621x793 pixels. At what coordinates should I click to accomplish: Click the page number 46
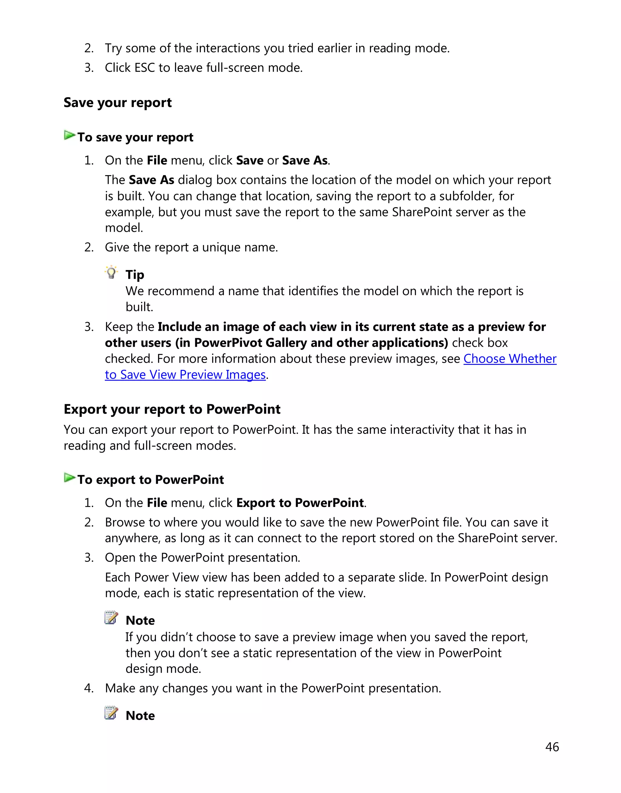pyautogui.click(x=552, y=747)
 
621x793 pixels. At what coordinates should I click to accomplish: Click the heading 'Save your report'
pyautogui.click(x=117, y=103)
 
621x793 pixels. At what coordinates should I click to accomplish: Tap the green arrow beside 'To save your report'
pyautogui.click(x=69, y=135)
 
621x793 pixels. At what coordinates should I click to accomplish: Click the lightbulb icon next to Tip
pyautogui.click(x=111, y=272)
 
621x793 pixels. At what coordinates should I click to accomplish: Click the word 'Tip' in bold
pyautogui.click(x=135, y=275)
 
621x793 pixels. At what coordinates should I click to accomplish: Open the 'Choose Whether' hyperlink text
pyautogui.click(x=510, y=359)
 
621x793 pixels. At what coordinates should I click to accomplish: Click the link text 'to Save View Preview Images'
pyautogui.click(x=185, y=375)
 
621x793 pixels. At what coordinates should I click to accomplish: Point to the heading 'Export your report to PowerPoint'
pyautogui.click(x=172, y=409)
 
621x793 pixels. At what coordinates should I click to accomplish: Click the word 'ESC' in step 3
pyautogui.click(x=145, y=68)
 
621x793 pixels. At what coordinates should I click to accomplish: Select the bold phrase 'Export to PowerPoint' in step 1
pyautogui.click(x=300, y=503)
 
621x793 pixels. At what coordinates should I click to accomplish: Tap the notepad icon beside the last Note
pyautogui.click(x=111, y=713)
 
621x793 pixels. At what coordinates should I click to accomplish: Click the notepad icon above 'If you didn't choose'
pyautogui.click(x=111, y=618)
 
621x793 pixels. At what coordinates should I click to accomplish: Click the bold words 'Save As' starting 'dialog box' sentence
pyautogui.click(x=151, y=180)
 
